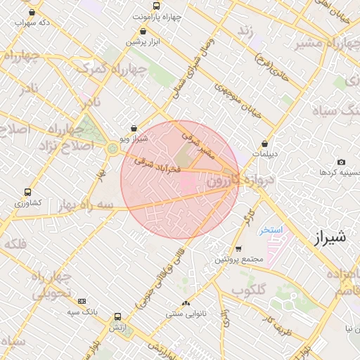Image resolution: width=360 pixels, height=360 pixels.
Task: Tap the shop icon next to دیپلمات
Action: coord(264,143)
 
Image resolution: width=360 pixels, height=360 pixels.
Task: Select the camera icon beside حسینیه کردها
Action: coord(341,162)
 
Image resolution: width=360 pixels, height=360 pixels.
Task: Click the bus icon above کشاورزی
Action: coord(27,192)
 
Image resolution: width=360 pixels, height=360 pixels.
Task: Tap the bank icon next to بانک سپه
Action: coord(82,301)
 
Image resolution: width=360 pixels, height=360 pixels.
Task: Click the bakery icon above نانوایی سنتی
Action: coord(186,304)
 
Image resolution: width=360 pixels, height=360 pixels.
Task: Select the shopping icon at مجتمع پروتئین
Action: coord(239,249)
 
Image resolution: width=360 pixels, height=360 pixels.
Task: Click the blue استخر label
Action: coord(269,230)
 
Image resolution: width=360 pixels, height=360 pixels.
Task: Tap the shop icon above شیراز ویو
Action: coord(134,129)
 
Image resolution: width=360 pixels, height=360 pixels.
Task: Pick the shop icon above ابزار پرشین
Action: coord(143,31)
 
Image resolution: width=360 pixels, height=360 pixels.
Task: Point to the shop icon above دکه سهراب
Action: coord(32,13)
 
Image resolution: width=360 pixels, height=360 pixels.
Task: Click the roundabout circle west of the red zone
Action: coord(112,148)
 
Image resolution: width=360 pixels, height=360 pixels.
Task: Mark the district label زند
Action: coord(245,32)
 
